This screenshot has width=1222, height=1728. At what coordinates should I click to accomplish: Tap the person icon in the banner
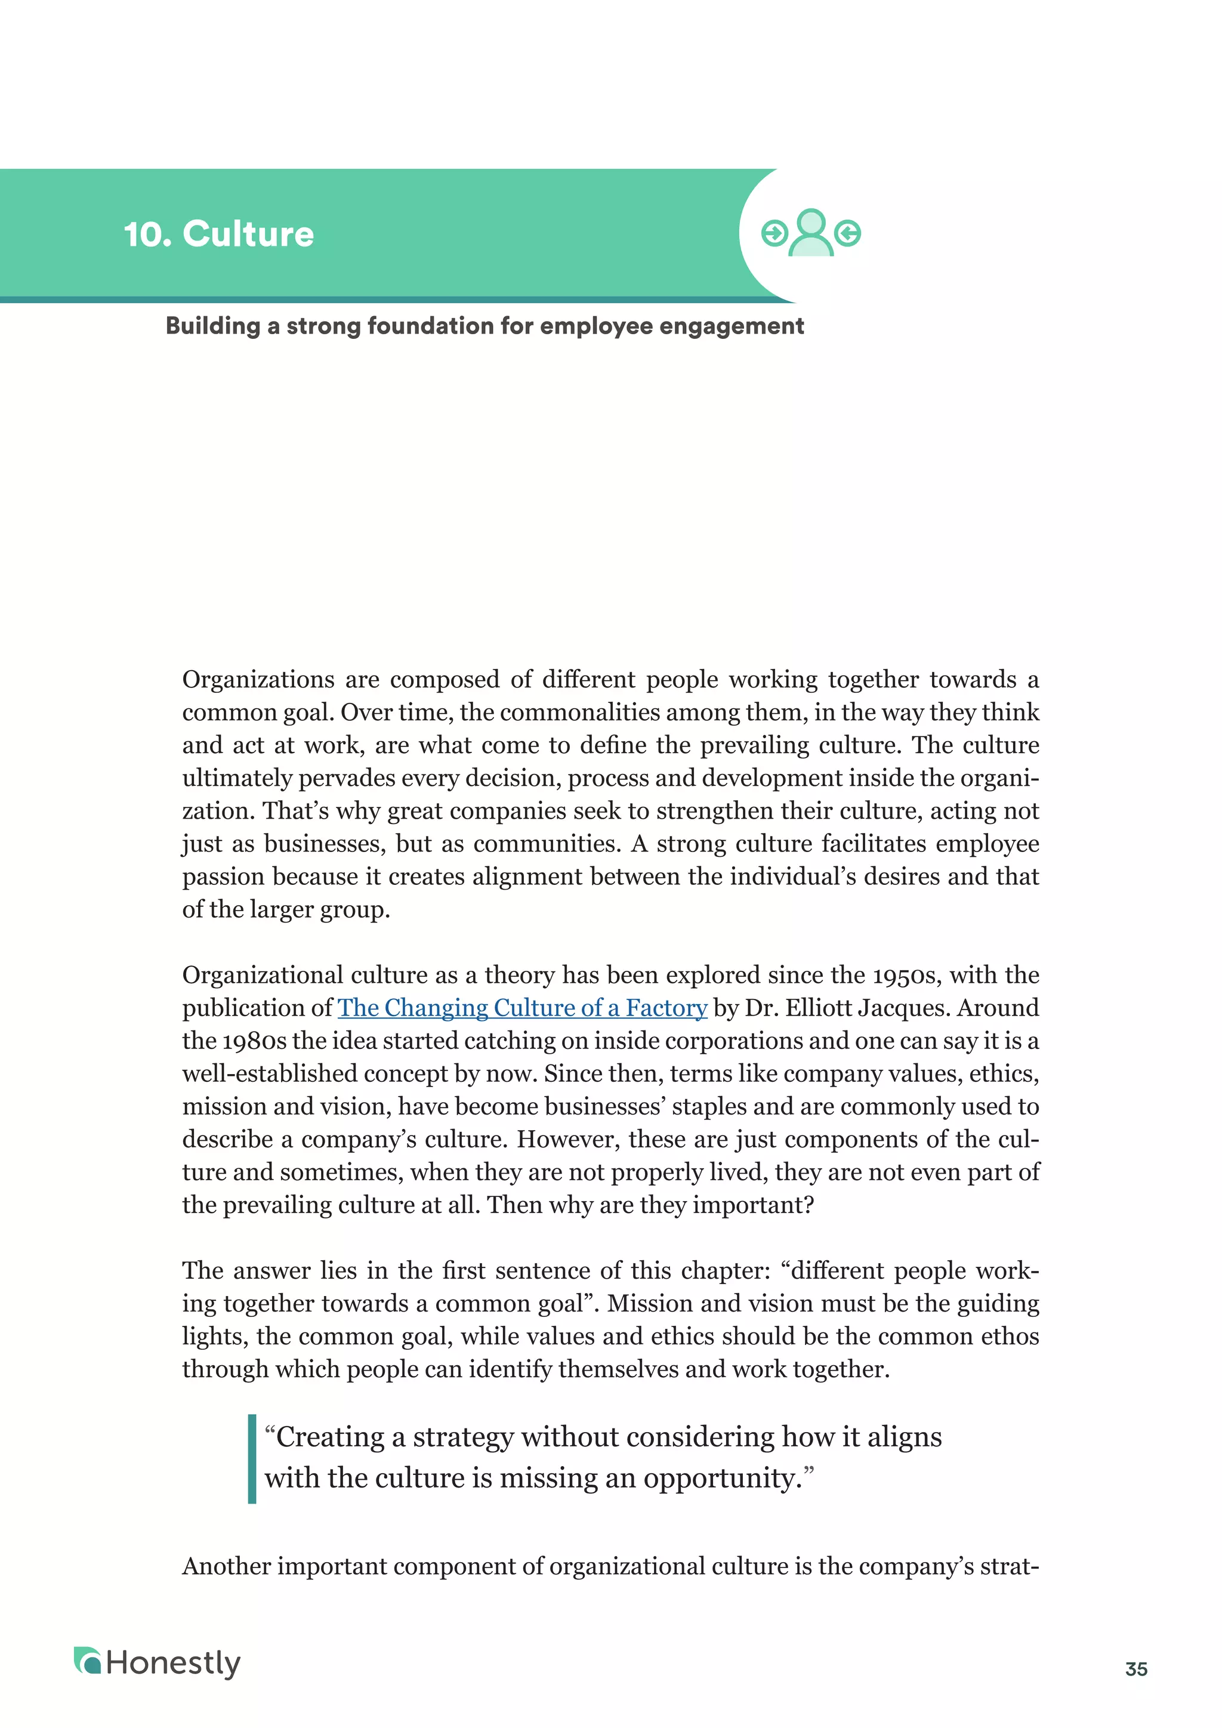pos(810,234)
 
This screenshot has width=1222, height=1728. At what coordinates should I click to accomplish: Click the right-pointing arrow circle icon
pos(773,233)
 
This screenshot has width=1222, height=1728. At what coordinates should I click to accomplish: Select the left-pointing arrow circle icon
pos(848,233)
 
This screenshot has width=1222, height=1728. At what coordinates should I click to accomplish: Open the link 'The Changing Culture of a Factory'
pos(522,1008)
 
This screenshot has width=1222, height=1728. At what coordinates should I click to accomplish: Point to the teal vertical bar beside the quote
pos(252,1458)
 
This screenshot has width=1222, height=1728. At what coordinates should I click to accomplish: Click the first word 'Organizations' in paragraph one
pos(258,680)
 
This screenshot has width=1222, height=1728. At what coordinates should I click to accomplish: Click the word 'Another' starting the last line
pos(227,1566)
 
